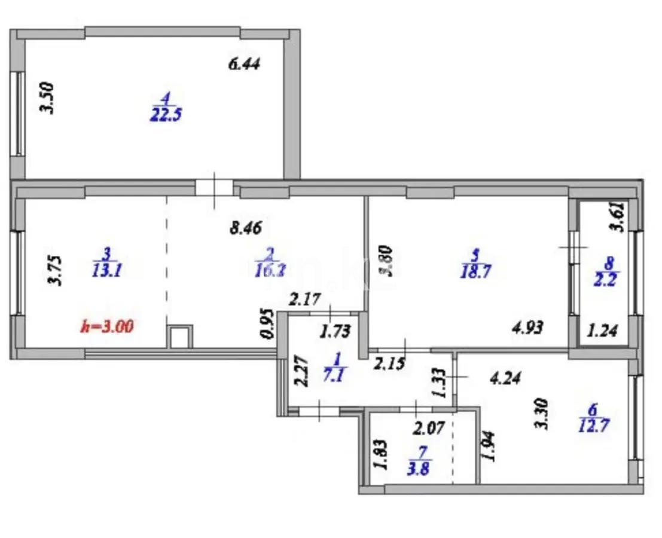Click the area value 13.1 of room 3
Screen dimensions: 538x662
(108, 270)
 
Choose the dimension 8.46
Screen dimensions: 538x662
(246, 227)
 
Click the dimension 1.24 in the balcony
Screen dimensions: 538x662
(603, 329)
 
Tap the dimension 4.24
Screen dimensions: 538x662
(505, 378)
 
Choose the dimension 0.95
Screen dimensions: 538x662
(269, 325)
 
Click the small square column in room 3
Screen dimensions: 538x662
(179, 337)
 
